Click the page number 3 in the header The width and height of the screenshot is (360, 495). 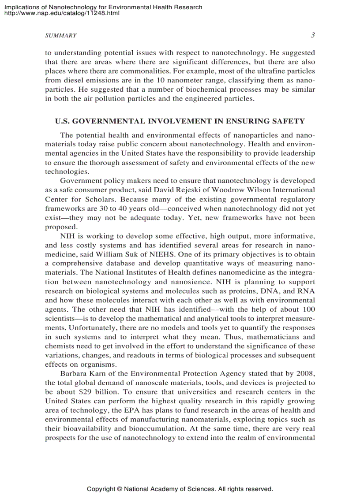point(313,35)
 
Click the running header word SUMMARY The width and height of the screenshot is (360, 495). point(61,36)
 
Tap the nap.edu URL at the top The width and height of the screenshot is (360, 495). point(62,13)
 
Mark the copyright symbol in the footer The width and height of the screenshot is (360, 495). point(119,489)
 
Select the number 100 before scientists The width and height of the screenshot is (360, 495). point(308,310)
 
